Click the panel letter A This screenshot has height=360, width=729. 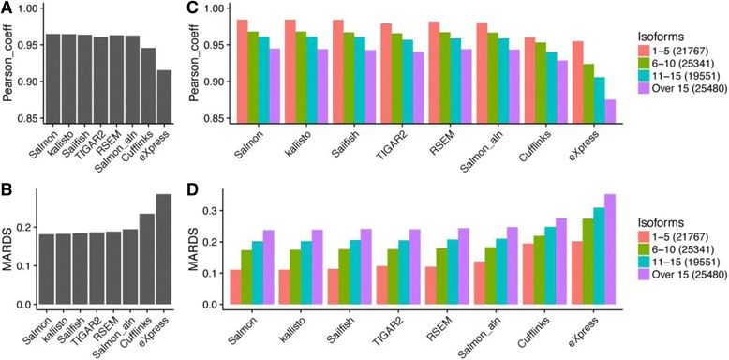pos(7,7)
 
